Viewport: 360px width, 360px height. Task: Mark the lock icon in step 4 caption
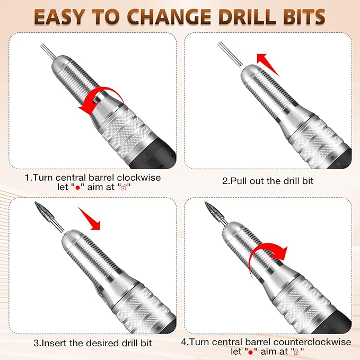pyautogui.click(x=295, y=352)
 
